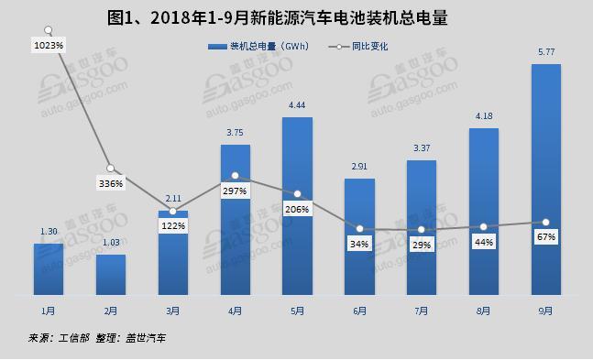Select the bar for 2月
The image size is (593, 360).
pyautogui.click(x=110, y=274)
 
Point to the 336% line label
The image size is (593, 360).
pyautogui.click(x=110, y=183)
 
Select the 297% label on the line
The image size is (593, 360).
pyautogui.click(x=235, y=191)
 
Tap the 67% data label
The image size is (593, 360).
pyautogui.click(x=546, y=237)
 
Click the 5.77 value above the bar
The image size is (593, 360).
pyautogui.click(x=545, y=51)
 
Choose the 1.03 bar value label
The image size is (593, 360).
pyautogui.click(x=110, y=242)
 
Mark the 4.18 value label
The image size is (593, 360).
pyautogui.click(x=483, y=115)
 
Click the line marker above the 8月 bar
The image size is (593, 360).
pyautogui.click(x=484, y=226)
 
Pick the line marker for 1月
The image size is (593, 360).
pyautogui.click(x=48, y=29)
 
